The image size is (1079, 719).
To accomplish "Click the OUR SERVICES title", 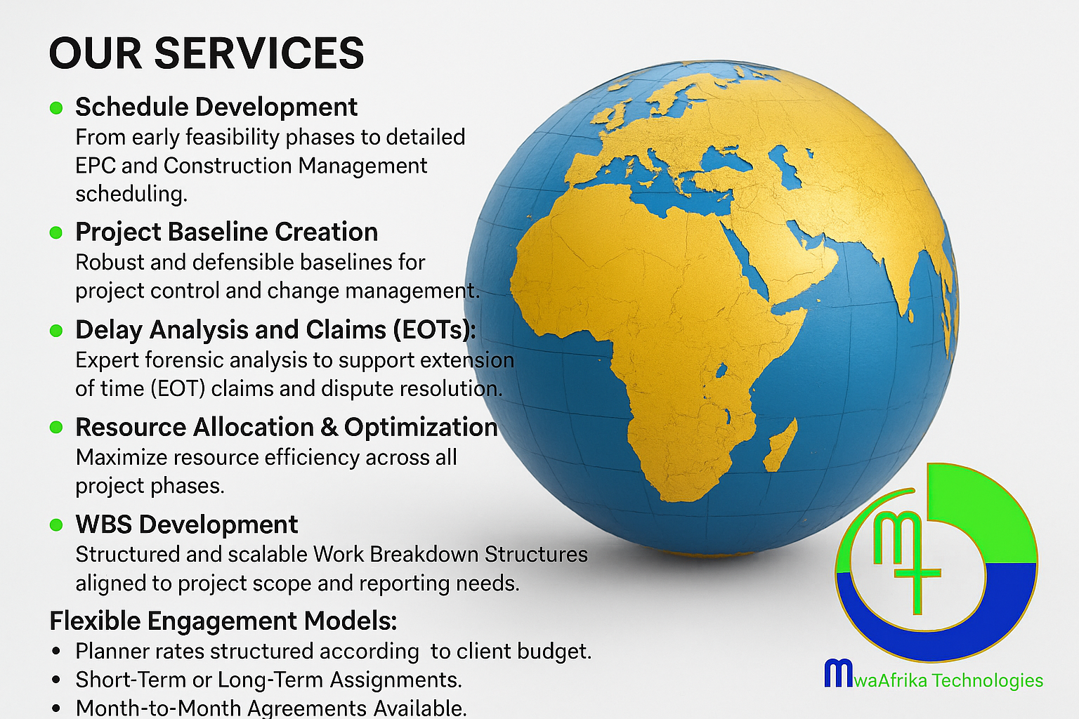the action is click(x=207, y=53).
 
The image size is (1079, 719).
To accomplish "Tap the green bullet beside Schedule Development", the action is click(x=56, y=107).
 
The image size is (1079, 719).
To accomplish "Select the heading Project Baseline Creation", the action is click(x=226, y=232).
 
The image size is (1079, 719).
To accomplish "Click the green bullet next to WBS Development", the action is click(x=56, y=525).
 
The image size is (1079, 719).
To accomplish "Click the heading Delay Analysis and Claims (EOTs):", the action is click(x=275, y=331).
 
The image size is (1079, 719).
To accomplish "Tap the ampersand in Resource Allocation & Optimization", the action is click(x=329, y=427).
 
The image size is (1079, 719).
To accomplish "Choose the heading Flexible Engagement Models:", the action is click(x=223, y=621).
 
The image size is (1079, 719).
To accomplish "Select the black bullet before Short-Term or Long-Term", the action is click(x=56, y=680).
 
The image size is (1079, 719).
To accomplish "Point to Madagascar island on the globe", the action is click(x=779, y=444).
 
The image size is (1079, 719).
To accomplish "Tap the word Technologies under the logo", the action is click(x=988, y=680).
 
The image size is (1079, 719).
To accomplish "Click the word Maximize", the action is click(x=122, y=458).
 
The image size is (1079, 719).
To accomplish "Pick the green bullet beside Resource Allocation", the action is click(x=56, y=428).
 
